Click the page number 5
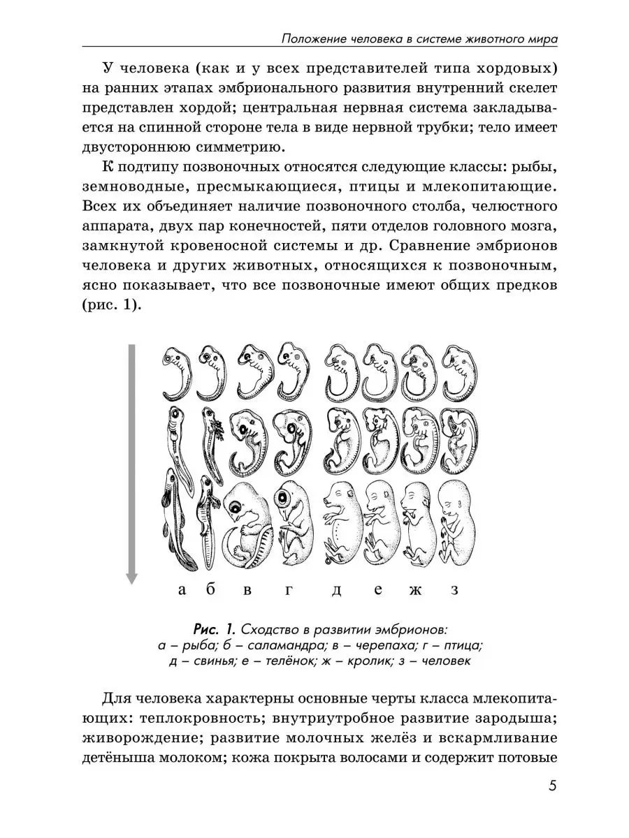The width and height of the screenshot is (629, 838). [x=552, y=786]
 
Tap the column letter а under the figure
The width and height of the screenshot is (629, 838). [x=182, y=590]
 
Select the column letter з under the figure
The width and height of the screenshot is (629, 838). [x=454, y=590]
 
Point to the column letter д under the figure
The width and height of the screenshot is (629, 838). [x=336, y=591]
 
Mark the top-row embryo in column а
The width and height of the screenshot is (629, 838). [x=178, y=374]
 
